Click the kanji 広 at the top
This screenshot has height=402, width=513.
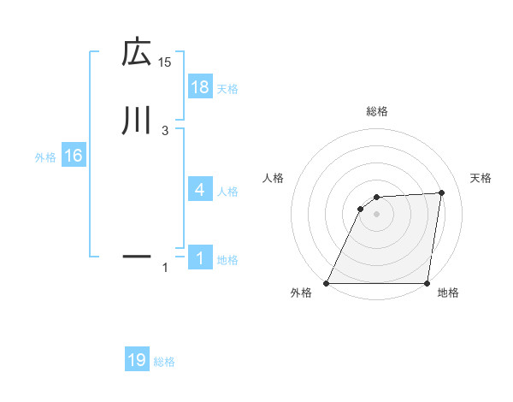tap(136, 54)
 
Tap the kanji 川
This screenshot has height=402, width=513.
tap(136, 121)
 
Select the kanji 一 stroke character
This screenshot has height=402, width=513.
tap(136, 255)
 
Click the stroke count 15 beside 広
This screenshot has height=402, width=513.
tap(165, 62)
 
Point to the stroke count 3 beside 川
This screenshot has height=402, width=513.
tap(165, 130)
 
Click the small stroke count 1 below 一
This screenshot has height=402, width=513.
tap(165, 269)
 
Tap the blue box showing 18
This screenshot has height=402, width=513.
tap(199, 86)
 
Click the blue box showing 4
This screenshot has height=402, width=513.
tap(199, 190)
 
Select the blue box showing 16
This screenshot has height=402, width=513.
tap(73, 156)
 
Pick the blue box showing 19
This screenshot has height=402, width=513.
tap(137, 360)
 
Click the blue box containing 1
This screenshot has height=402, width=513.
tap(199, 258)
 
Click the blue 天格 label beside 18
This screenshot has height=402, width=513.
tap(227, 88)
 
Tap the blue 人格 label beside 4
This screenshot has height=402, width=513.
tap(227, 192)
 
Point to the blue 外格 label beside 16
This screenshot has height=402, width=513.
tap(45, 157)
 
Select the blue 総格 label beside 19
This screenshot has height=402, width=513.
tap(164, 362)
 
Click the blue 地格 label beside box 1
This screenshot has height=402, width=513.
tap(227, 260)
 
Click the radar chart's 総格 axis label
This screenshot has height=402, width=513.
tap(376, 111)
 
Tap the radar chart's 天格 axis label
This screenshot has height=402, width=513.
tap(481, 178)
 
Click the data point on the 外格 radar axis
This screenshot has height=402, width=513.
tap(327, 283)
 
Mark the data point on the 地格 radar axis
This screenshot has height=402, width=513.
tap(427, 283)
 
